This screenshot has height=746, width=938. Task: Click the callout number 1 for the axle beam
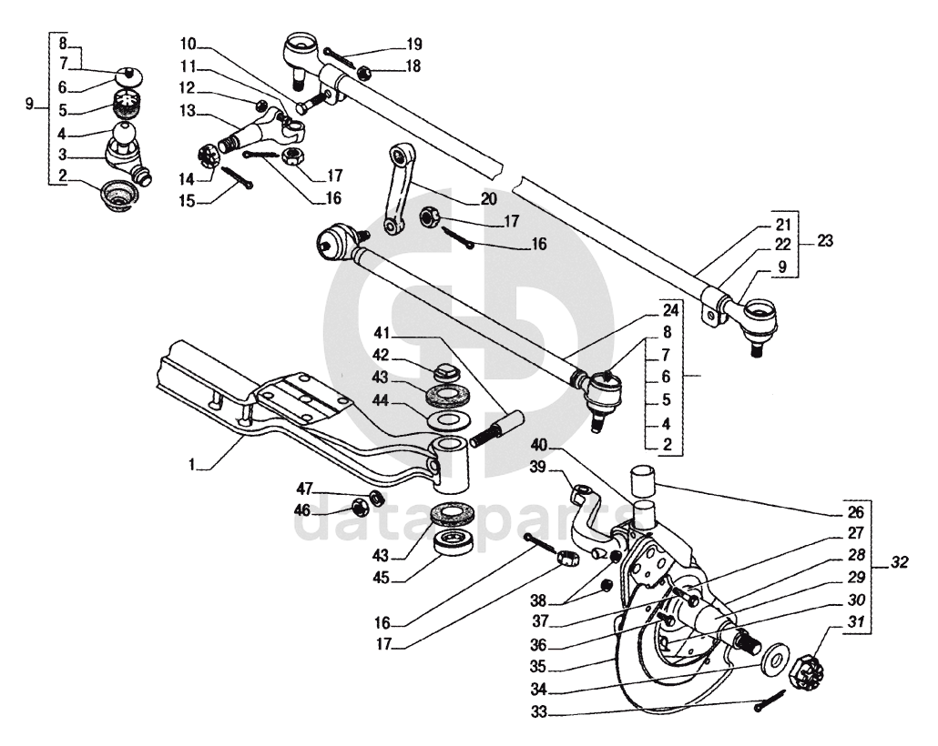pyautogui.click(x=193, y=464)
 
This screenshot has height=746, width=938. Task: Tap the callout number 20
pyautogui.click(x=489, y=198)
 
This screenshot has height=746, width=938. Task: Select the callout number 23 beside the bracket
pyautogui.click(x=826, y=242)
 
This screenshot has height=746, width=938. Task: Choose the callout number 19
pyautogui.click(x=413, y=43)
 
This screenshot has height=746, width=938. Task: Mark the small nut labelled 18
pyautogui.click(x=362, y=73)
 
